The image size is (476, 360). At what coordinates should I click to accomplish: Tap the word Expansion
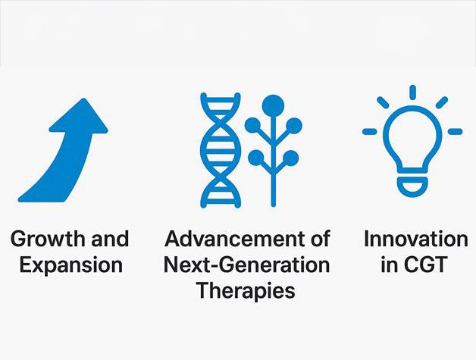tap(71, 265)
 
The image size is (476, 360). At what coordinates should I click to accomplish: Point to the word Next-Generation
tap(247, 265)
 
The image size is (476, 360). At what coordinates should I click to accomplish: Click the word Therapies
tap(246, 291)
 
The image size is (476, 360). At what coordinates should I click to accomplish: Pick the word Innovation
tap(416, 239)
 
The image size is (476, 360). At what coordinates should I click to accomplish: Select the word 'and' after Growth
tap(110, 239)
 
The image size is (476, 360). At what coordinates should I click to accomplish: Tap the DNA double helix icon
tap(221, 150)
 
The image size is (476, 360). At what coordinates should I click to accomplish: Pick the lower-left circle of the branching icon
tap(256, 158)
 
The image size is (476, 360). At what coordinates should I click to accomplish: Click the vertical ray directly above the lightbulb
tap(412, 92)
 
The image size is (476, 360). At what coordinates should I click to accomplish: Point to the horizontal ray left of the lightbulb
tap(370, 132)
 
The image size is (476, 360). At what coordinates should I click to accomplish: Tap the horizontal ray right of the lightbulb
tap(455, 132)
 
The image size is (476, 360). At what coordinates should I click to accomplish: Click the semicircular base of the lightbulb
tap(412, 186)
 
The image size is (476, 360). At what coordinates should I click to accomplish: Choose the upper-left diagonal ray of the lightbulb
tap(383, 102)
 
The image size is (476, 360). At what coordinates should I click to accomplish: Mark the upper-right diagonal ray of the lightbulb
tap(442, 102)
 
